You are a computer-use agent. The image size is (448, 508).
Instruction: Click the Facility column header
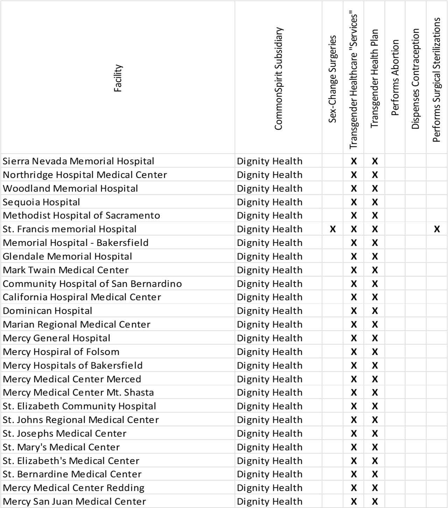[x=118, y=78]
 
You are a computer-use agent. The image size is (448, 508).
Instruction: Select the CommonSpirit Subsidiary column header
[x=278, y=79]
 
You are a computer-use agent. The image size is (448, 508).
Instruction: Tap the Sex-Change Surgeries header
[x=332, y=79]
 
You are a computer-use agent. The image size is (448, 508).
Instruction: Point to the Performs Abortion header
[x=395, y=78]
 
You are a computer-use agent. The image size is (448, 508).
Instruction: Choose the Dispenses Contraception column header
[x=415, y=79]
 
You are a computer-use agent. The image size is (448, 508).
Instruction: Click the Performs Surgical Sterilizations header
[x=436, y=80]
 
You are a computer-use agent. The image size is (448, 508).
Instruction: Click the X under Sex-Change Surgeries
[x=332, y=229]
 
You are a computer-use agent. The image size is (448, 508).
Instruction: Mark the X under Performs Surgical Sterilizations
[x=437, y=229]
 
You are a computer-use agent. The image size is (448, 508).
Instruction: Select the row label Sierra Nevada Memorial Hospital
[x=78, y=161]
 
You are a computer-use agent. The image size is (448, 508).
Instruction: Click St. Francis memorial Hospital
[x=70, y=229]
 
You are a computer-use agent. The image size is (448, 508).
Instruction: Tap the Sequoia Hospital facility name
[x=41, y=202]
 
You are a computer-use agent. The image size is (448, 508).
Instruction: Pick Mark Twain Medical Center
[x=66, y=270]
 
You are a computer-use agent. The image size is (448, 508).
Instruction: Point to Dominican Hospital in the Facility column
[x=48, y=311]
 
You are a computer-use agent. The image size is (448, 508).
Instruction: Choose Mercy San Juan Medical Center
[x=74, y=501]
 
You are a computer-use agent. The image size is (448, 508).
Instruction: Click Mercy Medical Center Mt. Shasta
[x=78, y=392]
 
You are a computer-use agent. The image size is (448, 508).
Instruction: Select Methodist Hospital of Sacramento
[x=81, y=216]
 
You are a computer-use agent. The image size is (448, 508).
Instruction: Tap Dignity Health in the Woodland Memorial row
[x=269, y=188]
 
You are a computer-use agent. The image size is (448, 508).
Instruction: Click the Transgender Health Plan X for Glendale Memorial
[x=374, y=257]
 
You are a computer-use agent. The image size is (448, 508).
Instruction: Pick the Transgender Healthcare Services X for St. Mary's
[x=353, y=447]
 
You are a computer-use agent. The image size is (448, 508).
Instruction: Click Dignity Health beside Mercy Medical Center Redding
[x=269, y=488]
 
